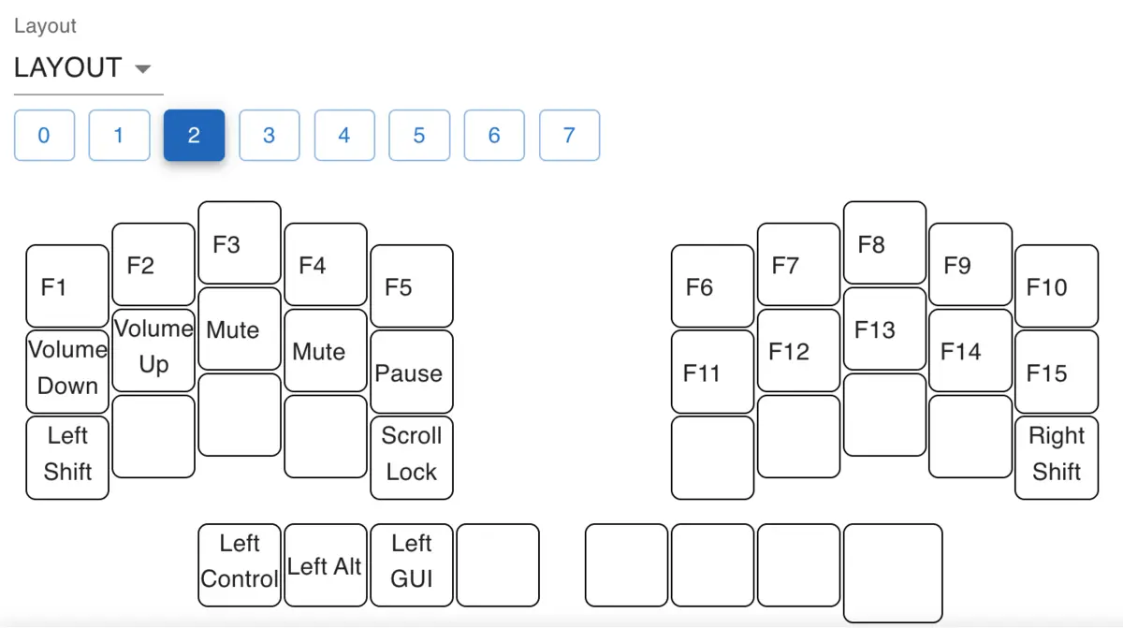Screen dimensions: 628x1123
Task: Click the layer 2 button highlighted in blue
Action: point(194,135)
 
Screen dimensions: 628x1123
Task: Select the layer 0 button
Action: point(44,135)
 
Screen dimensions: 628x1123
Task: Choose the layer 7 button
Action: point(569,135)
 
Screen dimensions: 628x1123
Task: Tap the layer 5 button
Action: point(419,135)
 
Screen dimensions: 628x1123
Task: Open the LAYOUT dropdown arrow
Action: point(143,69)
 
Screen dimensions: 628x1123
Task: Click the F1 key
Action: point(67,286)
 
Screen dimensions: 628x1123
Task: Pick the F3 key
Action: point(240,243)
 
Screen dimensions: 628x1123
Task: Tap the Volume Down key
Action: point(67,372)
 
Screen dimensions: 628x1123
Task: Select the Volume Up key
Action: point(153,350)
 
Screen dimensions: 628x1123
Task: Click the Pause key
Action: point(412,372)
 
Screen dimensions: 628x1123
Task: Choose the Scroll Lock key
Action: point(412,458)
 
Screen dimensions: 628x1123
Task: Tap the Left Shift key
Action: point(67,458)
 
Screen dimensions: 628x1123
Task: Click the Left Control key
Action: point(240,564)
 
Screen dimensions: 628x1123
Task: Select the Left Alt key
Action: point(326,564)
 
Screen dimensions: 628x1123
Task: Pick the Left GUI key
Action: point(412,564)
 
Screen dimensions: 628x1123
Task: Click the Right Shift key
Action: point(1057,458)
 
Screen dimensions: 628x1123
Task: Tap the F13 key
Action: point(884,329)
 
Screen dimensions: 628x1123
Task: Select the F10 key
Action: point(1057,286)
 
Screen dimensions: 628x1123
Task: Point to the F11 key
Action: point(712,372)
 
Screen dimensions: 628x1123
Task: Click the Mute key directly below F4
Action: point(326,350)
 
